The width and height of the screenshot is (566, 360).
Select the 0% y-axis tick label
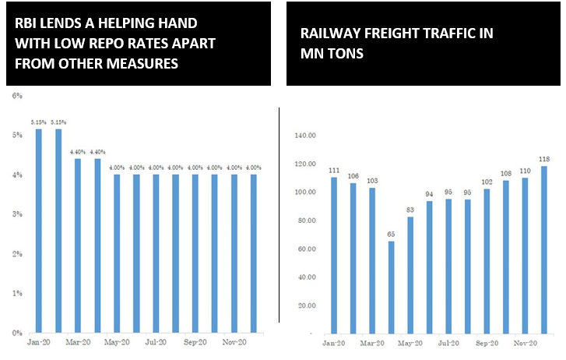coord(18,333)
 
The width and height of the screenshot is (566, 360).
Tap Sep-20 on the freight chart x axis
coord(487,344)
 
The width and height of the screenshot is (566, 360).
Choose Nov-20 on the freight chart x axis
coord(524,344)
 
